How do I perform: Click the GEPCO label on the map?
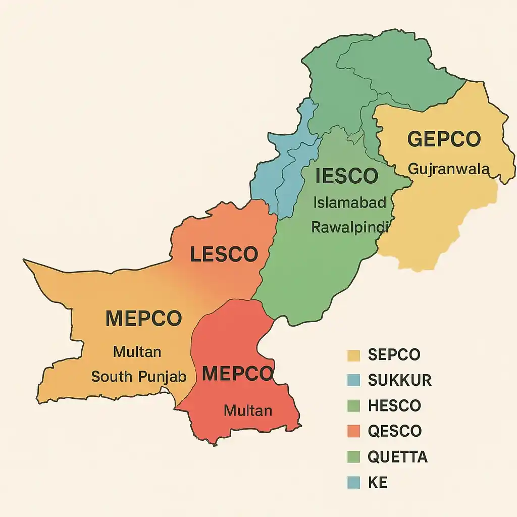coord(444,139)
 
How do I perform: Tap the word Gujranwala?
coord(448,169)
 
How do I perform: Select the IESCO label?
coord(346,176)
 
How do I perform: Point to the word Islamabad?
coord(349,203)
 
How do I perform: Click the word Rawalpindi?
coord(349,228)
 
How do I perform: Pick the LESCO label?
coord(224,254)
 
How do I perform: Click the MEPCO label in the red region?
coord(237,374)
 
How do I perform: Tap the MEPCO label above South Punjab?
coord(143,319)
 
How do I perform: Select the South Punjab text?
coord(139,376)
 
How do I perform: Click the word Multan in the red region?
coord(248,410)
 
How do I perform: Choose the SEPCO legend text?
coord(394,354)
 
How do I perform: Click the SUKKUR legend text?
coord(400,380)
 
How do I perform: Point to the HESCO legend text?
coord(394,405)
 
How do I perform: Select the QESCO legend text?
coord(394,431)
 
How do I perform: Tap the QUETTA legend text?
coord(397,457)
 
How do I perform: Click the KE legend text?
coord(378,482)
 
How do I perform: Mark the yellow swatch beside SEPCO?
coord(353,355)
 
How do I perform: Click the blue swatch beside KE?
coord(353,483)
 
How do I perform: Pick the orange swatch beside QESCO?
coord(353,432)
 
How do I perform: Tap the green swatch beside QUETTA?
coord(353,457)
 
